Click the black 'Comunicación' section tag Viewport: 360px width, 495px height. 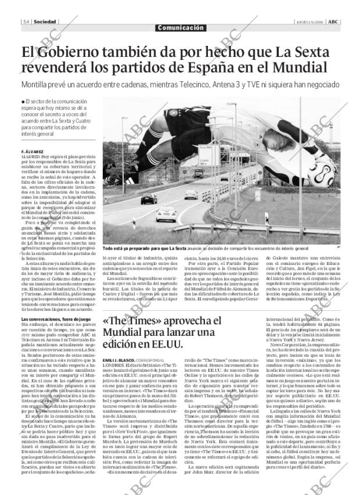(x=181, y=28)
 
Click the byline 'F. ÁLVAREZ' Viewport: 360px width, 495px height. (x=34, y=152)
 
